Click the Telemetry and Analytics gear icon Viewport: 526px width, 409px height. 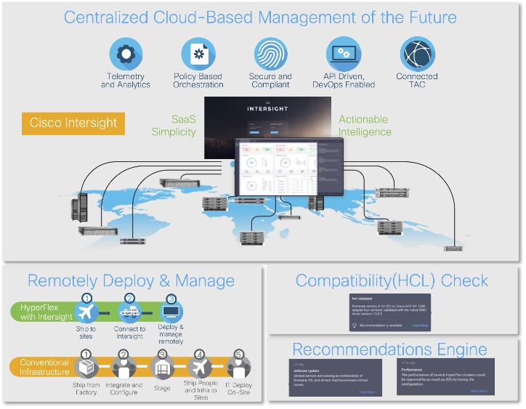(126, 54)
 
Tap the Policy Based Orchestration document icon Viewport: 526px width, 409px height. (198, 54)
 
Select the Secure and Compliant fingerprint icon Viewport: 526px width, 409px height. (270, 54)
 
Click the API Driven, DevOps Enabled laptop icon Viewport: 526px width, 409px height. (343, 54)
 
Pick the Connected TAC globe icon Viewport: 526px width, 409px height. (417, 54)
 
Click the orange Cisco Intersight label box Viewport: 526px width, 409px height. (73, 123)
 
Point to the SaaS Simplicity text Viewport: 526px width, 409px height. (174, 126)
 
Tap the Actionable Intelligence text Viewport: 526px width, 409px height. (365, 126)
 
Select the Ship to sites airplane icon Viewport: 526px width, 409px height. (87, 311)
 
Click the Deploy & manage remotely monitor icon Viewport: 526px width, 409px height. (171, 311)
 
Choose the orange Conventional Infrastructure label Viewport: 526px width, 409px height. (45, 368)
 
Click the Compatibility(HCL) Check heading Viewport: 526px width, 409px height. (392, 281)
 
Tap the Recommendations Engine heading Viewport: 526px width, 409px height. (389, 349)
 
